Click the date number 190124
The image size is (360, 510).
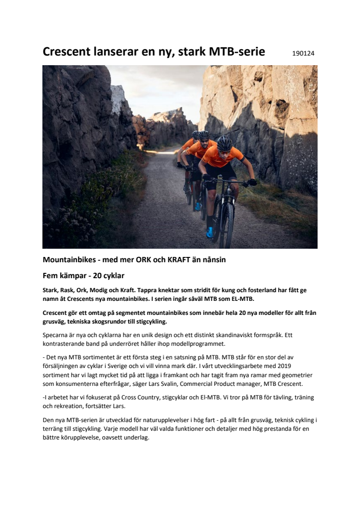(303, 53)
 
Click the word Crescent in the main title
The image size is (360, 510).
(68, 52)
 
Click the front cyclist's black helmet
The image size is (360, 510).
(224, 142)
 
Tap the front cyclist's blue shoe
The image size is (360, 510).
(210, 232)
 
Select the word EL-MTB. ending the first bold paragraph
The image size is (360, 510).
(248, 299)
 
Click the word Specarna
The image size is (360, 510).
(56, 334)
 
